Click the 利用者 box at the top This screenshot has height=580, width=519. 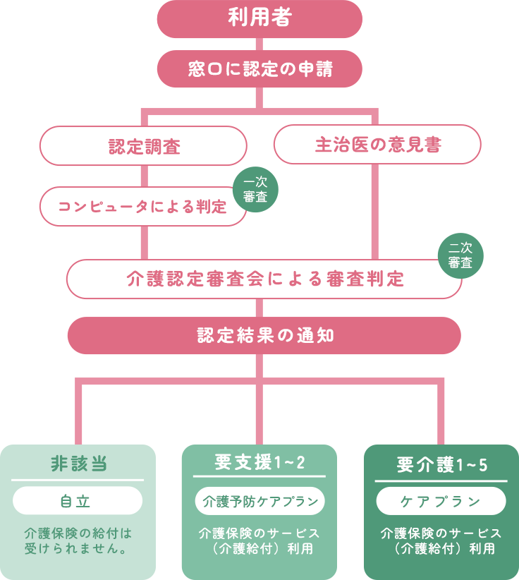(259, 18)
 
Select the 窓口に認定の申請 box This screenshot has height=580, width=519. (259, 69)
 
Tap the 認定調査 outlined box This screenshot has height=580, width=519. (143, 146)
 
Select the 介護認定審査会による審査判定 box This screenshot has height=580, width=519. (264, 279)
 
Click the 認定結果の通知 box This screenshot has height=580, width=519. (264, 336)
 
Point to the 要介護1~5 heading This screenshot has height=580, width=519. (441, 464)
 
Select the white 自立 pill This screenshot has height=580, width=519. (78, 501)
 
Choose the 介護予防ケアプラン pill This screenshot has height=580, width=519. (259, 502)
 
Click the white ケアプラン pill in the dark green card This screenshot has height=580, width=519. (441, 502)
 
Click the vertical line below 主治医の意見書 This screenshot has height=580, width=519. (374, 212)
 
